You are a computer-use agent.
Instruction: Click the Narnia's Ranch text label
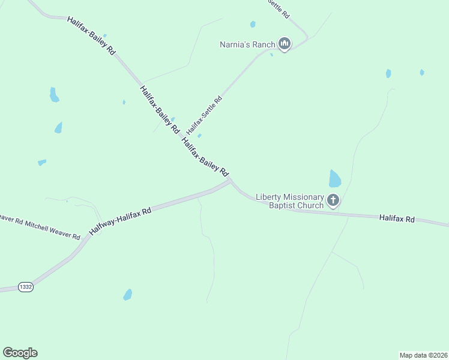[x=247, y=44]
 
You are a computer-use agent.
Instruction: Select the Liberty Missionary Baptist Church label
[x=290, y=201]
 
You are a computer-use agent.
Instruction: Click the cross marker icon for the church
[x=333, y=200]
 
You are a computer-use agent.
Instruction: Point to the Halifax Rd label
[x=397, y=219]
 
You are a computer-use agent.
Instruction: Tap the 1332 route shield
[x=25, y=287]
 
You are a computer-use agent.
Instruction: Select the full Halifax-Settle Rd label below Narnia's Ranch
[x=204, y=115]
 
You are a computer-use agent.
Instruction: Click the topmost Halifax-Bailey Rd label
[x=91, y=36]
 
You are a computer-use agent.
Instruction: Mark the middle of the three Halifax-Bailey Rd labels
[x=159, y=109]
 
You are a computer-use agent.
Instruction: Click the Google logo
[x=20, y=353]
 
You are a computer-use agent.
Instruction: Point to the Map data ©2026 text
[x=423, y=355]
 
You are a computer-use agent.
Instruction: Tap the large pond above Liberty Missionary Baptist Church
[x=335, y=178]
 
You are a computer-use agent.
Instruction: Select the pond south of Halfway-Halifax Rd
[x=127, y=295]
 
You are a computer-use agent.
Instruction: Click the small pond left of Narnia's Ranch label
[x=253, y=25]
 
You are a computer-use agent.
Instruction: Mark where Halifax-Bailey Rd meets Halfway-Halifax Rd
[x=230, y=181]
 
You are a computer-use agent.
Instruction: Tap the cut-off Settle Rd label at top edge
[x=279, y=7]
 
